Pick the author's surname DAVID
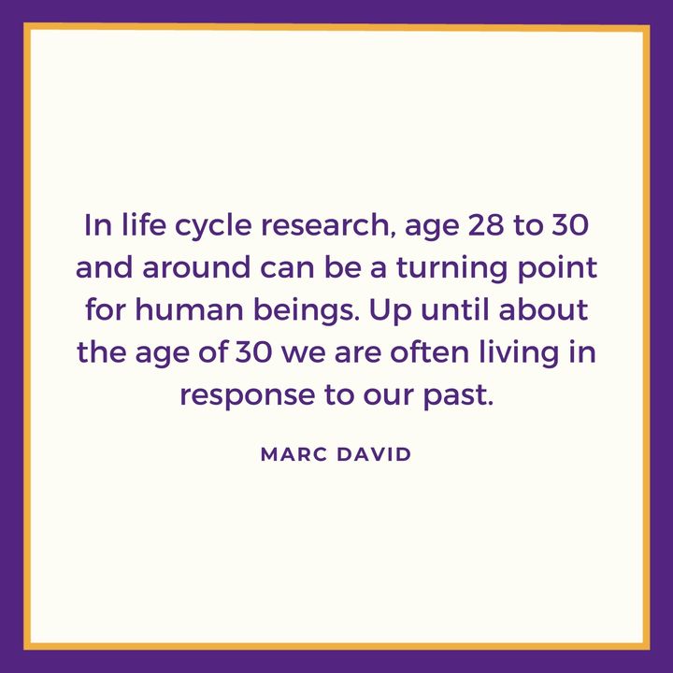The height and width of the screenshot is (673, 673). tap(376, 454)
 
